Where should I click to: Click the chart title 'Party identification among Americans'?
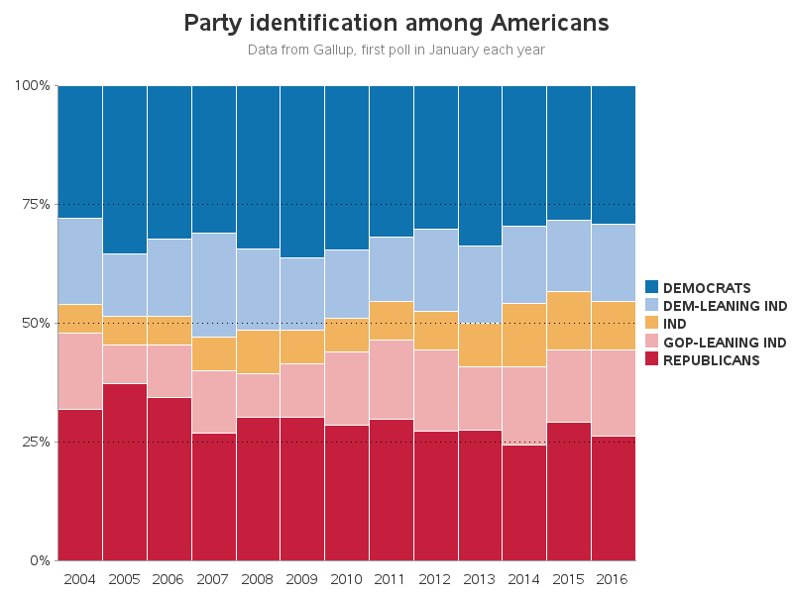(x=396, y=22)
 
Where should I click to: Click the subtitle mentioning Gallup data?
(x=396, y=49)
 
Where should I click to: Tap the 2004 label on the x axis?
(x=79, y=578)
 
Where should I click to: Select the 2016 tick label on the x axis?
(x=613, y=578)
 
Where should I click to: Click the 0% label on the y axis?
(x=39, y=560)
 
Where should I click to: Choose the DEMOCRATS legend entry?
(x=706, y=288)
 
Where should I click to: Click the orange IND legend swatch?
(x=653, y=324)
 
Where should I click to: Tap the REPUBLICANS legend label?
(x=711, y=360)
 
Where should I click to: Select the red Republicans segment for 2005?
(x=124, y=471)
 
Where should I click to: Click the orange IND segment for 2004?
(x=79, y=319)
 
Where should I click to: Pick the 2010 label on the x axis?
(x=346, y=578)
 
